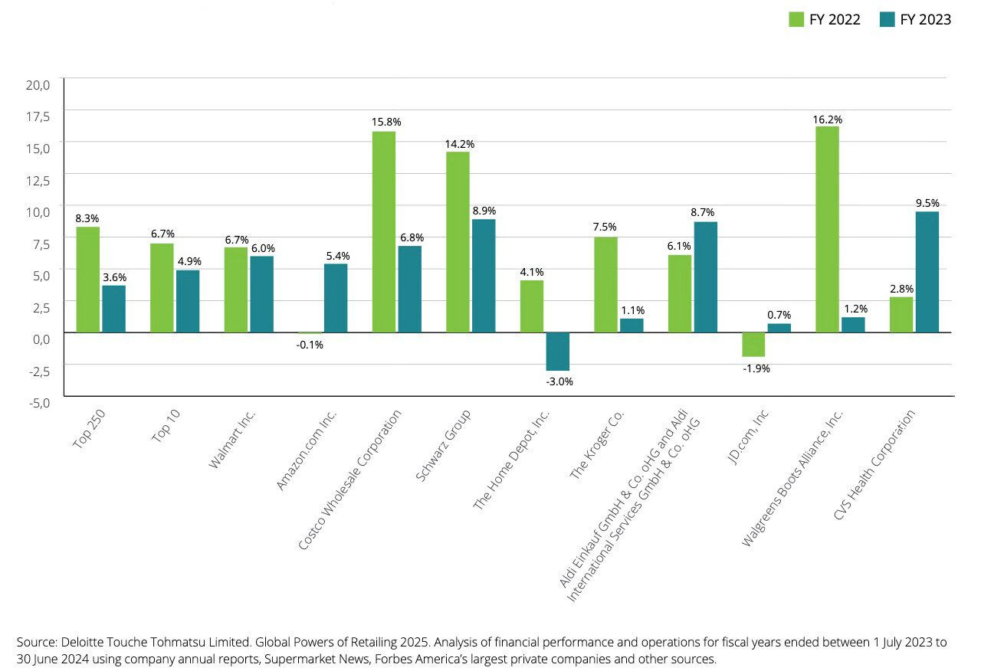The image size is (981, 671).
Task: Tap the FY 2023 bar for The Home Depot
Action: click(x=557, y=351)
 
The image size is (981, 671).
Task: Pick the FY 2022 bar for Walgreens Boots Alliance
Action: click(x=827, y=229)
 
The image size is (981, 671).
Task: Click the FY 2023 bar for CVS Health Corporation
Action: click(x=927, y=272)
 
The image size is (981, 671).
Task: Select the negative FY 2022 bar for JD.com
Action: click(x=753, y=344)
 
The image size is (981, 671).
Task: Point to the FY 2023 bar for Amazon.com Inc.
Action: click(x=336, y=298)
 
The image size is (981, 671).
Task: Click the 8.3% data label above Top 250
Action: click(x=87, y=218)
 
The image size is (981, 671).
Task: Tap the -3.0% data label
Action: click(x=558, y=381)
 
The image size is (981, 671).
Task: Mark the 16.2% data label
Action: click(x=827, y=119)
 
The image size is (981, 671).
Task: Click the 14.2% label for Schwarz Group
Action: click(x=459, y=144)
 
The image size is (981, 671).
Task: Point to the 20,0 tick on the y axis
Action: click(x=38, y=84)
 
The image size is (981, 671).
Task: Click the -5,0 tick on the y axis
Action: click(x=38, y=402)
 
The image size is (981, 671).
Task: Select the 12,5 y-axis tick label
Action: click(x=38, y=180)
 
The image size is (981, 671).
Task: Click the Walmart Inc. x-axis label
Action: click(x=232, y=440)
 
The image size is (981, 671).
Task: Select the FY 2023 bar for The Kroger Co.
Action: click(x=632, y=325)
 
